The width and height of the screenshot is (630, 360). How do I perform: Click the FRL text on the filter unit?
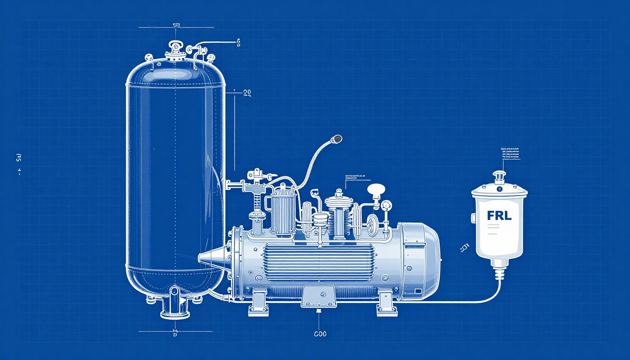pos(499,216)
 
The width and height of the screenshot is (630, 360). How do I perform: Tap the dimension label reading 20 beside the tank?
pos(247,93)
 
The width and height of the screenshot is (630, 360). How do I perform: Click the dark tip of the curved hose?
pos(337,139)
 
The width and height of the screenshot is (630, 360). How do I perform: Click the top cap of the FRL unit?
pos(499,177)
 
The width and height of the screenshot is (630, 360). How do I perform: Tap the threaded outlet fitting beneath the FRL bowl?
pos(499,271)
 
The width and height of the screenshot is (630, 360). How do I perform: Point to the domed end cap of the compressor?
pos(427,260)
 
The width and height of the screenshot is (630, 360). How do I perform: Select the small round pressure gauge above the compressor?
pos(386,205)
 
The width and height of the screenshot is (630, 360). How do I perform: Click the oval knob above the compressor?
pos(376,189)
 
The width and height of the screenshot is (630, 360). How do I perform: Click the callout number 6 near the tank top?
pos(238,43)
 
